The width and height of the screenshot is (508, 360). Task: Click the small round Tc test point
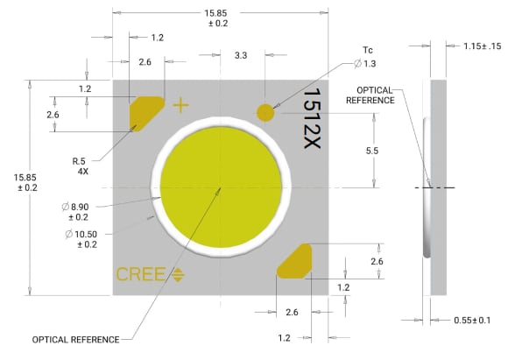point(265,113)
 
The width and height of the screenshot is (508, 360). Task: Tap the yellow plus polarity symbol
point(180,105)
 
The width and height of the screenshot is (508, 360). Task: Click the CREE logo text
point(141,274)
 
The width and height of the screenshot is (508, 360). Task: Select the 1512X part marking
point(312,118)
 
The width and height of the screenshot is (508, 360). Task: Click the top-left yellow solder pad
point(145,113)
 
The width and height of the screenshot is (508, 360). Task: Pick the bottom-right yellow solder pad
point(295,261)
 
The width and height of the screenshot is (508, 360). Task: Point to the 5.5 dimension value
point(372,151)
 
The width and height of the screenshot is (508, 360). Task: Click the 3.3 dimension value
point(241,55)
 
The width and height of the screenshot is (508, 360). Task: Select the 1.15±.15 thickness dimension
point(482,46)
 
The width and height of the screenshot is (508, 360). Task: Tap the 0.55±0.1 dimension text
point(472,320)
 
